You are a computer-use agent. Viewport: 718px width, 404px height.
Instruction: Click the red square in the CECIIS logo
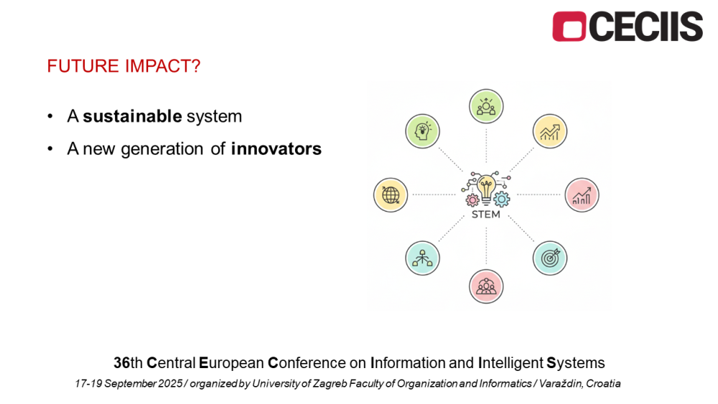pyautogui.click(x=569, y=27)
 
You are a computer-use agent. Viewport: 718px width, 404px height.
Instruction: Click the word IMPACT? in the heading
pyautogui.click(x=162, y=66)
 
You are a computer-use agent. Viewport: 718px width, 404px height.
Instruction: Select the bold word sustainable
pyautogui.click(x=132, y=116)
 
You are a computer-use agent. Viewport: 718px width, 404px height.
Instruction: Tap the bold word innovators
pyautogui.click(x=276, y=149)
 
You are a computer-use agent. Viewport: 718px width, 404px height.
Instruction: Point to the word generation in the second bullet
pyautogui.click(x=162, y=149)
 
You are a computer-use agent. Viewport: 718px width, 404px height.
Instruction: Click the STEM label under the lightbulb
pyautogui.click(x=486, y=214)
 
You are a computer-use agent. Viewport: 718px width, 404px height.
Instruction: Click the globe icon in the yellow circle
pyautogui.click(x=391, y=195)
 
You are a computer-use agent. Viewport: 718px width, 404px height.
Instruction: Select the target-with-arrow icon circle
pyautogui.click(x=550, y=258)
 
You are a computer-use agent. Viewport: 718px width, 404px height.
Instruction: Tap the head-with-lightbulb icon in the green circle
pyautogui.click(x=422, y=131)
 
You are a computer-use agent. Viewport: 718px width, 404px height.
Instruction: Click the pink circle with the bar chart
pyautogui.click(x=582, y=195)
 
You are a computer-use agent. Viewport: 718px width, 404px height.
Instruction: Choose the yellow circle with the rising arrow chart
pyautogui.click(x=550, y=131)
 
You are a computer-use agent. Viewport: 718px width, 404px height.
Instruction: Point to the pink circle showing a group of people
pyautogui.click(x=486, y=286)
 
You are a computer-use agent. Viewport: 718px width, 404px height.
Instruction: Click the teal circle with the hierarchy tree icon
pyautogui.click(x=422, y=258)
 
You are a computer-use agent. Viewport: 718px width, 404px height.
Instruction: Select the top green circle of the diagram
pyautogui.click(x=486, y=106)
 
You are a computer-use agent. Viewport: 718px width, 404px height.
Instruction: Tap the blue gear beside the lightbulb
pyautogui.click(x=502, y=199)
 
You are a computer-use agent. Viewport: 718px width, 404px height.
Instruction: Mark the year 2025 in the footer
pyautogui.click(x=170, y=383)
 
